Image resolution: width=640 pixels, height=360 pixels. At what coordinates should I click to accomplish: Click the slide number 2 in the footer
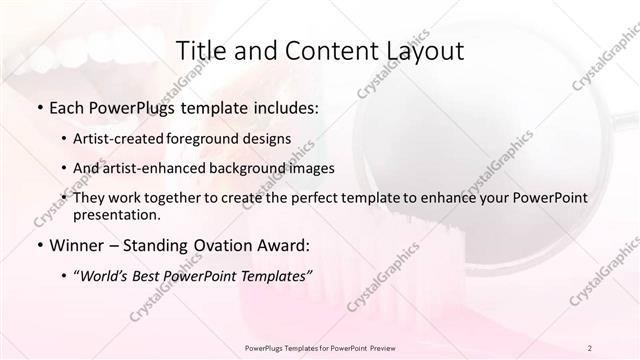point(590,347)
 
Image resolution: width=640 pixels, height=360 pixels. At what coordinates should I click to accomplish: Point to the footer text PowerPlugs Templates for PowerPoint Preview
point(319,347)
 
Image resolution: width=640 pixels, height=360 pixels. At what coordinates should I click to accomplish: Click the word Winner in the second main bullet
point(80,244)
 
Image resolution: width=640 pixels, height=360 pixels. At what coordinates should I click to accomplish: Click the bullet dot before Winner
point(39,244)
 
